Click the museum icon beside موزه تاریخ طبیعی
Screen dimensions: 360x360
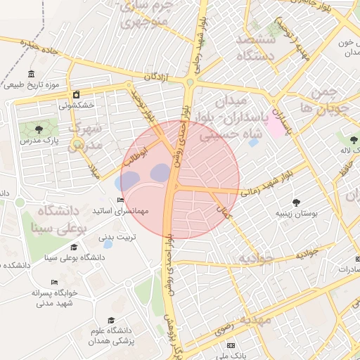point(31,75)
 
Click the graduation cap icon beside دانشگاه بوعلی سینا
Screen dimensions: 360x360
point(75,247)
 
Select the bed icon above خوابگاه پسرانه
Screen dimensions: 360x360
point(54,283)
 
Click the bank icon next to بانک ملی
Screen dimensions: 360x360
point(231,345)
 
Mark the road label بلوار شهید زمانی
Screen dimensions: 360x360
point(264,183)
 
